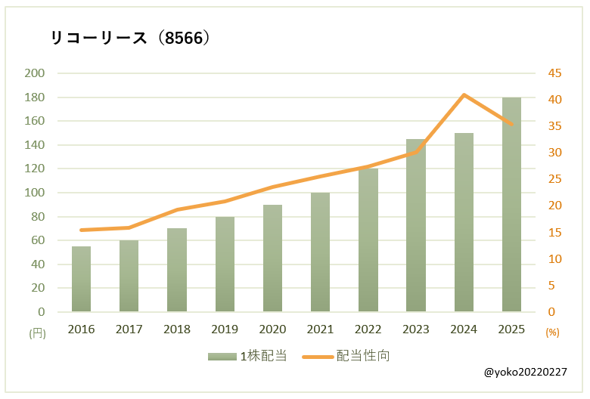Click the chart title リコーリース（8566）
click(x=129, y=39)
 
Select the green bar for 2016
click(x=81, y=279)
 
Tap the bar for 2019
click(x=225, y=264)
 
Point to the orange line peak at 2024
click(x=464, y=94)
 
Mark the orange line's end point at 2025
click(x=511, y=125)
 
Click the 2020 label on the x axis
click(x=272, y=329)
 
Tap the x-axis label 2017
click(x=129, y=329)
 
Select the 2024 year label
click(x=464, y=329)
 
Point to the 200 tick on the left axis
click(x=36, y=73)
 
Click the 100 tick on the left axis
click(x=36, y=193)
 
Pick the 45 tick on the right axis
click(x=555, y=73)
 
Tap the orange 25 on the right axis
click(x=555, y=179)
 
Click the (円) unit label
click(x=37, y=332)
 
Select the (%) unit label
click(x=552, y=332)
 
